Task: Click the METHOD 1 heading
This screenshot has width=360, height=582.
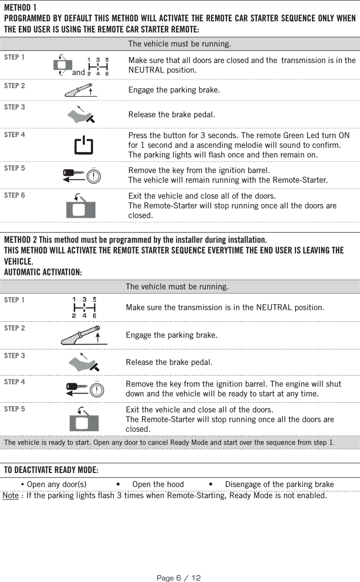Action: point(20,8)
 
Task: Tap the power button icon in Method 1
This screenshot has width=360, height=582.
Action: point(83,145)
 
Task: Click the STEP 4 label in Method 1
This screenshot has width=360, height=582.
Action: point(15,135)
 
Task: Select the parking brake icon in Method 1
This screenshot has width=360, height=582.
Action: point(81,90)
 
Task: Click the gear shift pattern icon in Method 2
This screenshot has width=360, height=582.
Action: point(84,307)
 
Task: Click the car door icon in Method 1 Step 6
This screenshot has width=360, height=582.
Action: point(80,206)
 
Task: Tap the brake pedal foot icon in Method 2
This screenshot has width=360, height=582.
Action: point(83,361)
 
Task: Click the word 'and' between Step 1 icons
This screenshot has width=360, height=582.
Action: point(78,73)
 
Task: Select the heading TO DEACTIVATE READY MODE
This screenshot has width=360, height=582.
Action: point(51,471)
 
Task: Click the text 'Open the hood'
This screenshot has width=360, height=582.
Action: point(158,484)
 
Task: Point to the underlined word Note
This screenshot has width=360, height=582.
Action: point(11,496)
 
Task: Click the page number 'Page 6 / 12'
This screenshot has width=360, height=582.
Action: point(179,578)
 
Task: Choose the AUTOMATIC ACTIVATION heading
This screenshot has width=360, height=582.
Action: point(43,272)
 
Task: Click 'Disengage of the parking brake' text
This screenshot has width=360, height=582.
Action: point(279,484)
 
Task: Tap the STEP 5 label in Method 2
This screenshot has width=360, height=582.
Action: point(15,409)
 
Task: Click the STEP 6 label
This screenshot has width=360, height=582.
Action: point(15,195)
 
